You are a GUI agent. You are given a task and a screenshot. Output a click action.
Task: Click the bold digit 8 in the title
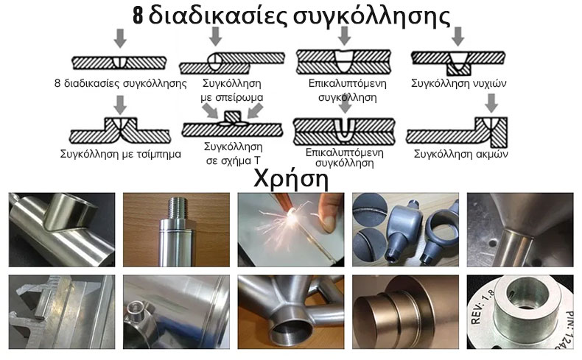(x=138, y=16)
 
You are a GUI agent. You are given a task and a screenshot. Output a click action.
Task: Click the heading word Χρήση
(x=291, y=180)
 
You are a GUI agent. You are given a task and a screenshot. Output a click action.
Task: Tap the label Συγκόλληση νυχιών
(x=458, y=83)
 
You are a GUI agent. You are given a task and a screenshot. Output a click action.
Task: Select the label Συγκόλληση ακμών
(x=460, y=154)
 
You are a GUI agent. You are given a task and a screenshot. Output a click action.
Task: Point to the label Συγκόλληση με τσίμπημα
(x=121, y=154)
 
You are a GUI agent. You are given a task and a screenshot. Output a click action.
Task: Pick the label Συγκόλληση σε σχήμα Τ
(x=234, y=153)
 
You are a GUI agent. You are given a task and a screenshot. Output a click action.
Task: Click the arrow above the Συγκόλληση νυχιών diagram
(x=458, y=36)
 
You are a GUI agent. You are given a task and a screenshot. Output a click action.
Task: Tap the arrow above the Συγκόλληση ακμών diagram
(x=491, y=103)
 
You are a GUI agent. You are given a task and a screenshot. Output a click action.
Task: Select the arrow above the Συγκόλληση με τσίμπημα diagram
(x=120, y=105)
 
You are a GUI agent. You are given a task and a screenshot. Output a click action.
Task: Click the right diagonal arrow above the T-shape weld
(x=256, y=110)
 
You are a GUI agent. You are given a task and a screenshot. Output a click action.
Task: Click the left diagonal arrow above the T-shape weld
(x=210, y=110)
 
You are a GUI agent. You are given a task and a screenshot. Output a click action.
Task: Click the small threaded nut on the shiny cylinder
(x=136, y=311)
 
